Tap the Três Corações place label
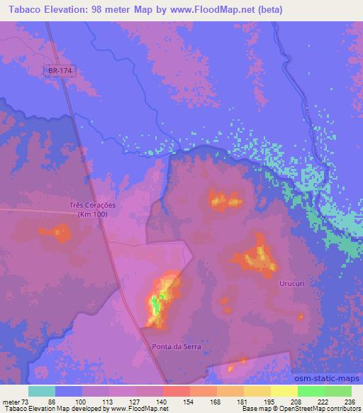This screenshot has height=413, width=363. coord(92,205)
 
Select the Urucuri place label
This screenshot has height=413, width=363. coord(291,282)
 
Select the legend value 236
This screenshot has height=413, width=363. coord(349,402)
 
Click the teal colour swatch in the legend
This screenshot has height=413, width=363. coord(42,391)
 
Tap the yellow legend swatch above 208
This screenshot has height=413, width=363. coord(284,391)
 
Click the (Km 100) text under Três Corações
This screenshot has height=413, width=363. coord(92,214)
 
